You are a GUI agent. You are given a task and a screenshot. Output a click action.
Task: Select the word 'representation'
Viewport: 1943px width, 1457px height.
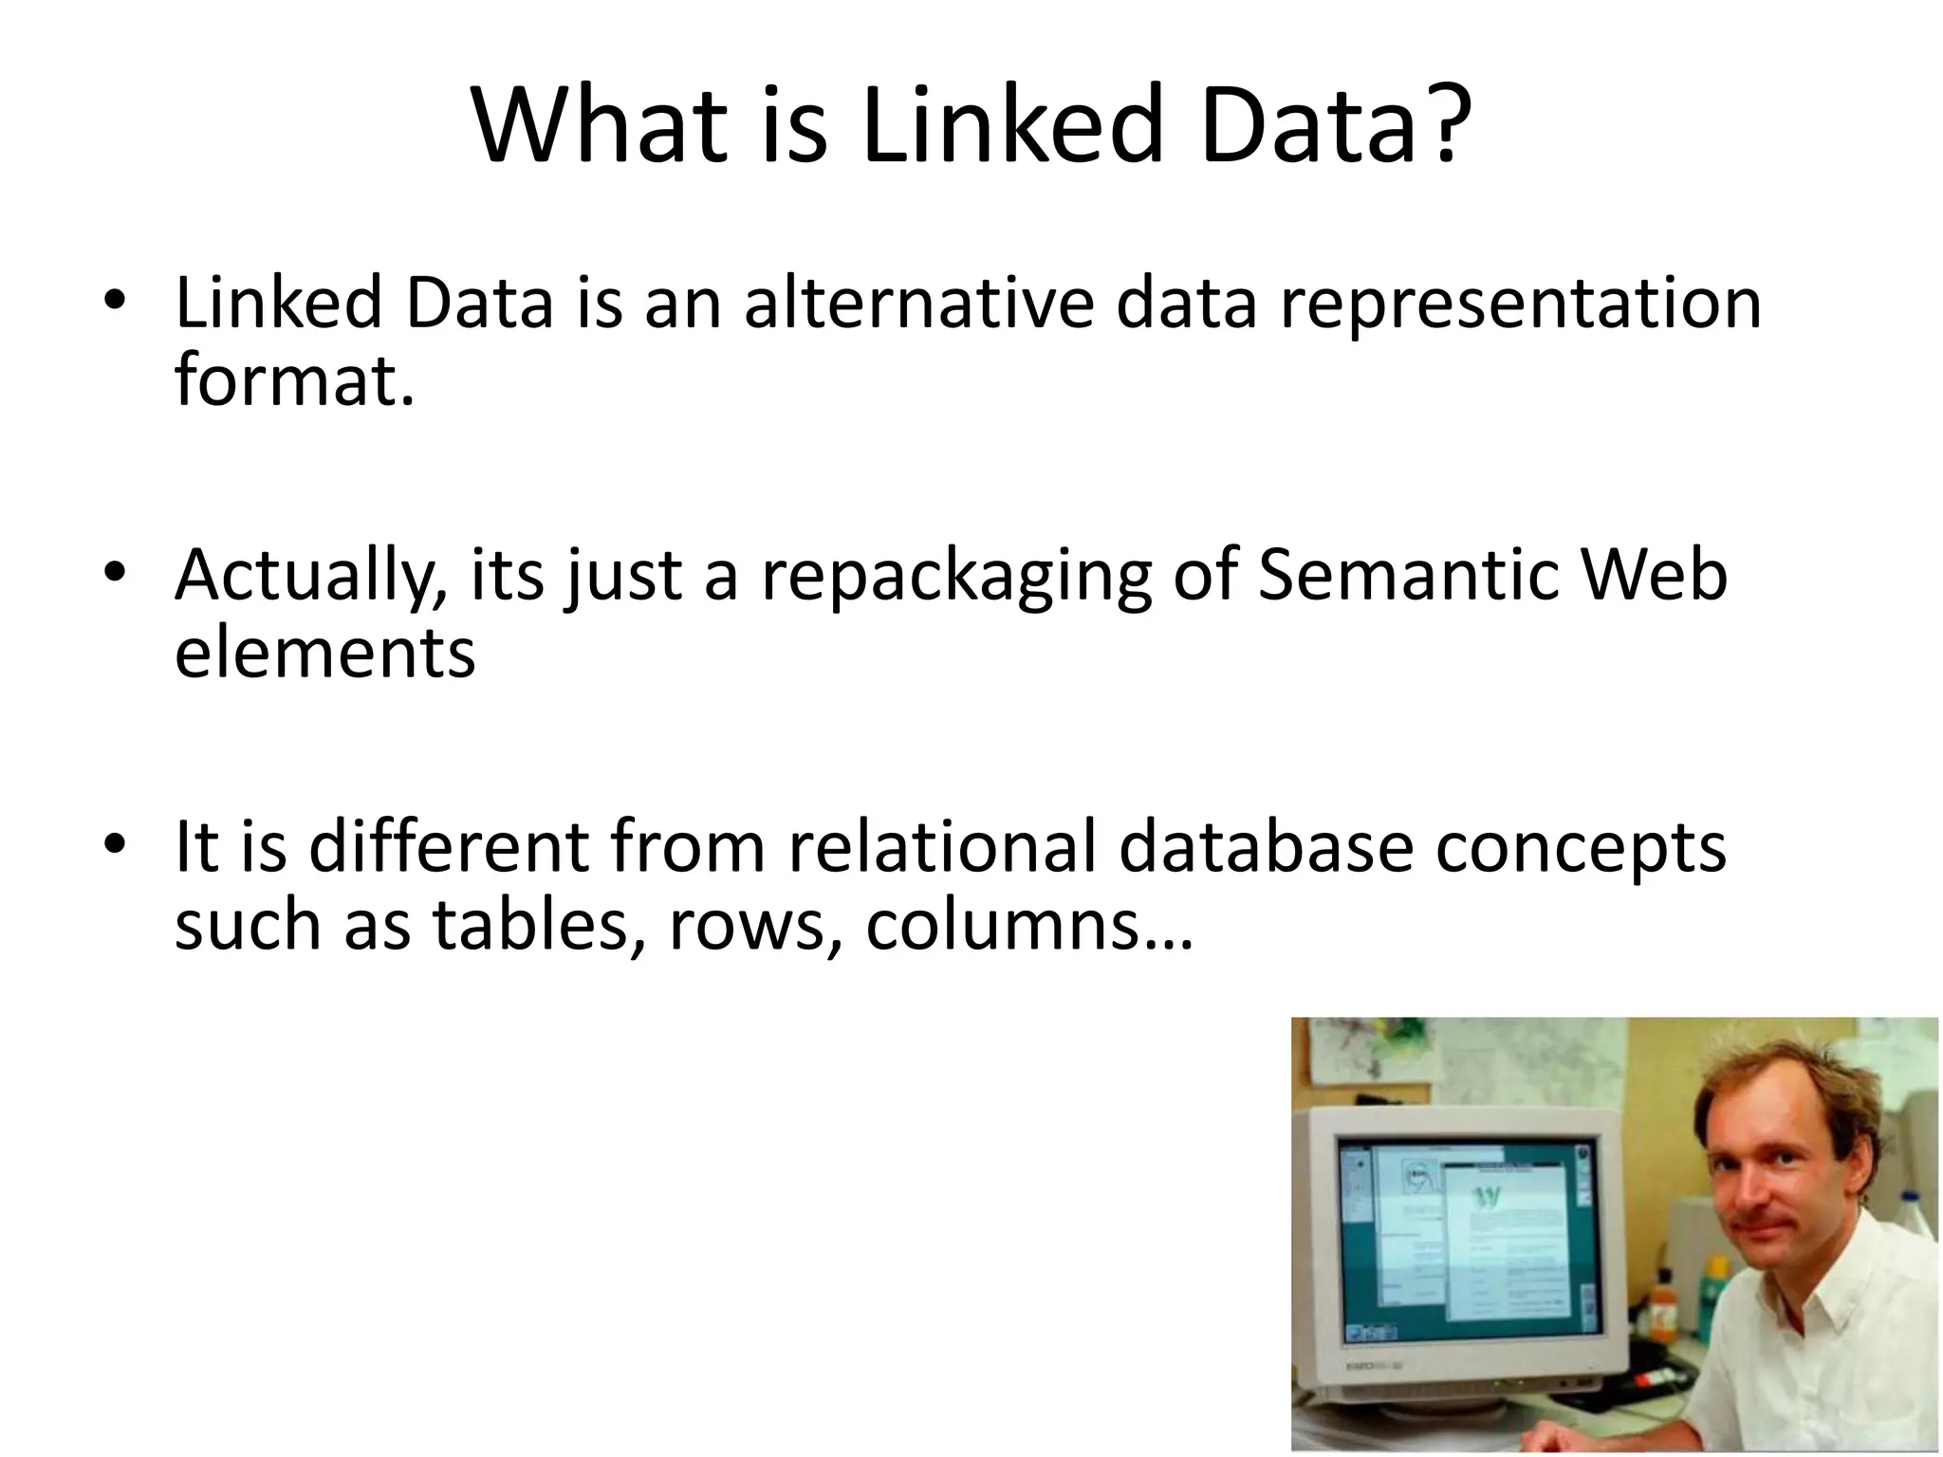(x=1520, y=305)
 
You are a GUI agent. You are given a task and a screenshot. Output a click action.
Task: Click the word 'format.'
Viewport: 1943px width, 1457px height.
(x=295, y=380)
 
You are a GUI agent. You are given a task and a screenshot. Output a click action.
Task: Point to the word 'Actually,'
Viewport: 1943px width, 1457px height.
(x=311, y=577)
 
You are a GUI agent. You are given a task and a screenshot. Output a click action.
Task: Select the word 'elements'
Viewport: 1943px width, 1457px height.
(x=324, y=654)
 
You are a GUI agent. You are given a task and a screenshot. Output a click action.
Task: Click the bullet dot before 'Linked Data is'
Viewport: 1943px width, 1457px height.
(x=115, y=301)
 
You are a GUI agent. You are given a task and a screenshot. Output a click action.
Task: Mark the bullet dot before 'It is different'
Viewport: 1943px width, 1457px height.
(x=115, y=843)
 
